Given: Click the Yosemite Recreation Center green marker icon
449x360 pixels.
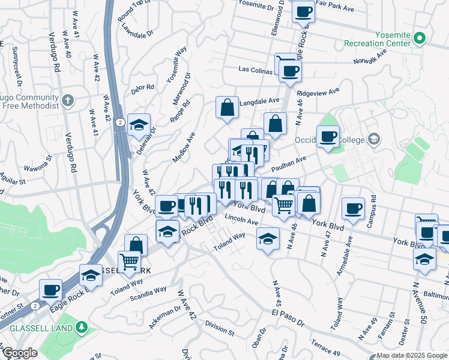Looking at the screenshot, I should pyautogui.click(x=420, y=40).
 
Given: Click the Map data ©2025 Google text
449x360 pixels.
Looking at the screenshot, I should pyautogui.click(x=412, y=355).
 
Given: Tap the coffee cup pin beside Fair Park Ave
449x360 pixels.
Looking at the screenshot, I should pyautogui.click(x=304, y=11).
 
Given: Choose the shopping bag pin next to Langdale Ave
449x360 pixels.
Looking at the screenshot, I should pyautogui.click(x=228, y=108).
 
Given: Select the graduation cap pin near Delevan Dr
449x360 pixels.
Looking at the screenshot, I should pyautogui.click(x=139, y=125).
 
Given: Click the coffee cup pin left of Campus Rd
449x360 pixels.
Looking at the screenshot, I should pyautogui.click(x=353, y=208).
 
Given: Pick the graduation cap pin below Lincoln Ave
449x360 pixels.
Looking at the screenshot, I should pyautogui.click(x=268, y=239).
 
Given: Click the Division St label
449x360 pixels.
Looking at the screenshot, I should pyautogui.click(x=218, y=329).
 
